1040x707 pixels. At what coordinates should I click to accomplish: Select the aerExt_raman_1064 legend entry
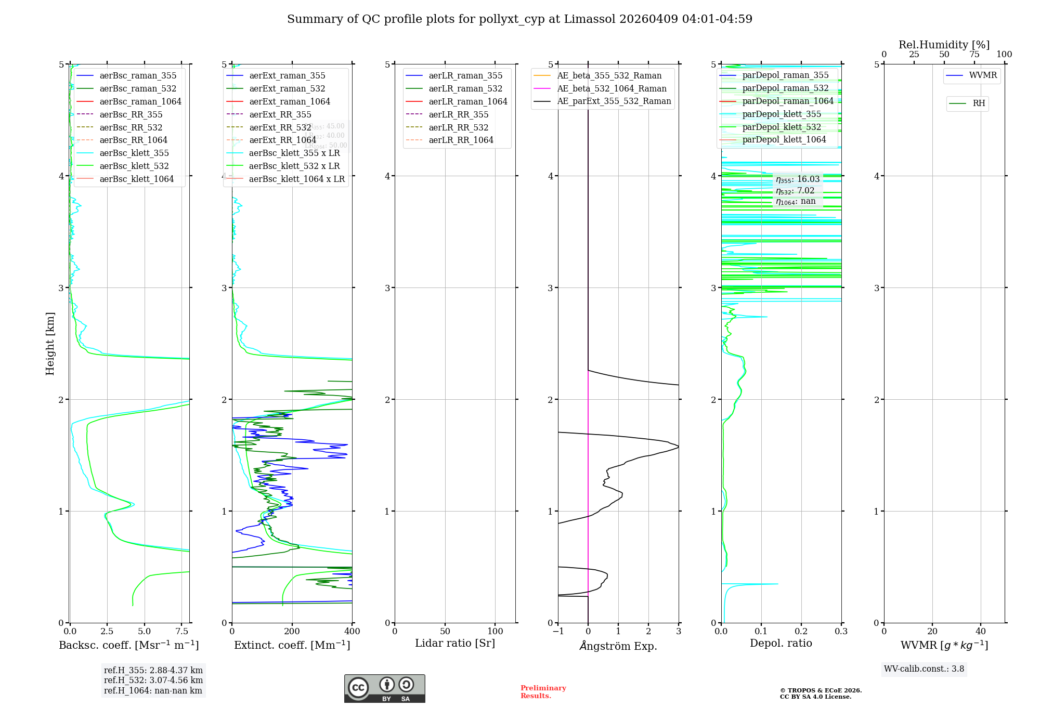pos(289,102)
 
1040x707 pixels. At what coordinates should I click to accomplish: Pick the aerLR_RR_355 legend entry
pos(458,115)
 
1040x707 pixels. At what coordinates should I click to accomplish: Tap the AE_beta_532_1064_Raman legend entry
pos(612,89)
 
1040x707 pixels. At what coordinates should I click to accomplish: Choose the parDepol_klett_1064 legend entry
pos(784,140)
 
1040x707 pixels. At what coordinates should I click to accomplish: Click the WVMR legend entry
pos(983,76)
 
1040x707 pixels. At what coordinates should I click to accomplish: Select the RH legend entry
pos(979,103)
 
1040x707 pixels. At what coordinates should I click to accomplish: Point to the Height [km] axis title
pos(50,344)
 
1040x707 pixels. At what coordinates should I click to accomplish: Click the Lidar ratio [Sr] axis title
pos(455,644)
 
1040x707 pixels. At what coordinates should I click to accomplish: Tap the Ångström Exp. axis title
pos(618,646)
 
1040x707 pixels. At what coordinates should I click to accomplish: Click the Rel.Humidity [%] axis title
pos(944,45)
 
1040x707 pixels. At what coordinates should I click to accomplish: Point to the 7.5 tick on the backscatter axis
pos(181,632)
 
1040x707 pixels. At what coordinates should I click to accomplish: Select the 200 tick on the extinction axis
pos(292,632)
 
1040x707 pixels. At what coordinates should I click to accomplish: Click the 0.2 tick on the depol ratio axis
pos(801,632)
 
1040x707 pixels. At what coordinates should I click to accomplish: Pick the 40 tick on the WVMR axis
pos(981,632)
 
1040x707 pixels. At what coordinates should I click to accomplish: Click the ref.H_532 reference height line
pos(153,680)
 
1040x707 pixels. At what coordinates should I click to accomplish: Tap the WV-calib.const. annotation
pos(924,669)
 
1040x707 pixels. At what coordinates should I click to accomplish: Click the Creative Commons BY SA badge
pos(384,688)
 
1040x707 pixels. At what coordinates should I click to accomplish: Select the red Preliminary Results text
pos(543,692)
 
